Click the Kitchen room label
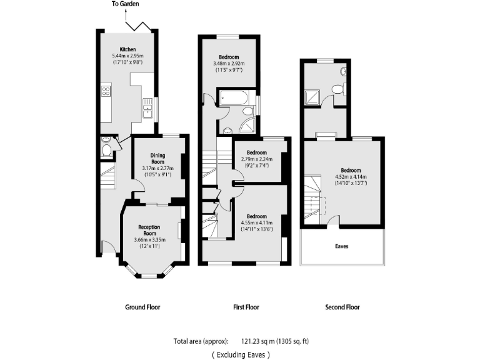[x=128, y=49]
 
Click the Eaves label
[x=342, y=246]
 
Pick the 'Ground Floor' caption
[x=142, y=307]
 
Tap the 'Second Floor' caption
[x=342, y=307]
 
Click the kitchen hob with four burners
[x=106, y=92]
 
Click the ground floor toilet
[x=106, y=149]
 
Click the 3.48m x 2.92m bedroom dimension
[x=228, y=63]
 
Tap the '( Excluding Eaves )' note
[x=241, y=354]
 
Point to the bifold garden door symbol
[x=137, y=25]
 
